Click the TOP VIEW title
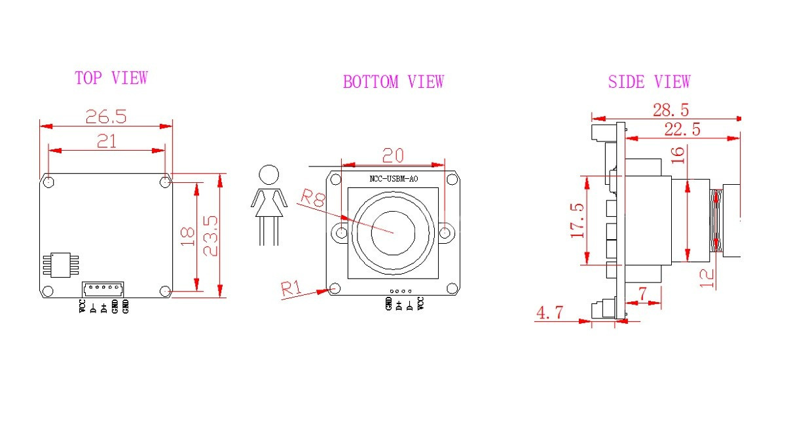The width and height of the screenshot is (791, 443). (x=111, y=78)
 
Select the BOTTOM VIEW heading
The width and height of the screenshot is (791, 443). (x=394, y=82)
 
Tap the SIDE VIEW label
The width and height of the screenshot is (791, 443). (x=649, y=82)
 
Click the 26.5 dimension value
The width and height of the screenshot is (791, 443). (x=106, y=117)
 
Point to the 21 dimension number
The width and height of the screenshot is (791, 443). (x=107, y=142)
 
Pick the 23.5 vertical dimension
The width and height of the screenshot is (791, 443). (x=211, y=236)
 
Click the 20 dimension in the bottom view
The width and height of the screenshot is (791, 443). (x=393, y=155)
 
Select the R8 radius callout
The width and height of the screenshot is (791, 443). (x=313, y=198)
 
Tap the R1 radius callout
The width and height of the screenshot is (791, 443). (x=291, y=288)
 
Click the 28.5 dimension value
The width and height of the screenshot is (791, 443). (x=671, y=110)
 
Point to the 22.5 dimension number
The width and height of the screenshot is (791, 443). (x=682, y=130)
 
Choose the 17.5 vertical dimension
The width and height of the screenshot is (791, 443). (x=578, y=220)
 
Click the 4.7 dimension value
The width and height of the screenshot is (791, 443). (x=550, y=313)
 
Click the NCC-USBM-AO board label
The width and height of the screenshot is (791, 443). (x=394, y=179)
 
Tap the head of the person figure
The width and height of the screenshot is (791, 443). (x=268, y=174)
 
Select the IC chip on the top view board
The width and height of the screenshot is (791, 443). (x=61, y=265)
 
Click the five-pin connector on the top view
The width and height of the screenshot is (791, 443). (x=103, y=289)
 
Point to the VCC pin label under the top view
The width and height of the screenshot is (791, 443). (x=83, y=306)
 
